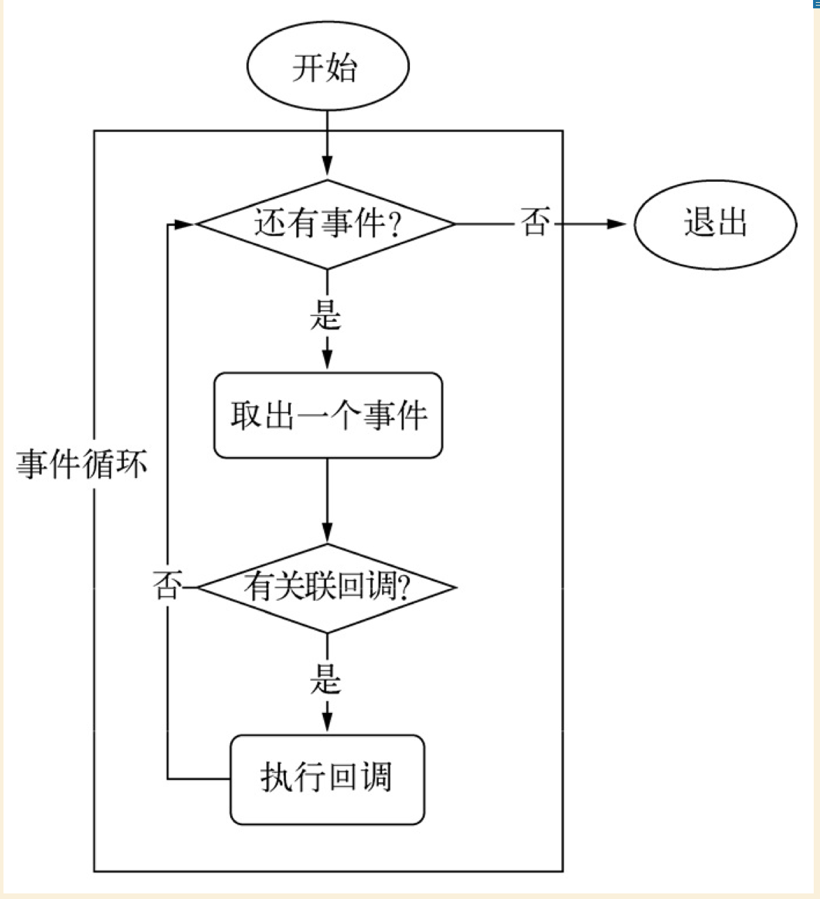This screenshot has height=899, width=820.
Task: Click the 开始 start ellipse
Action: (x=327, y=67)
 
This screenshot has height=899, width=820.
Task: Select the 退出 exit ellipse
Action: (x=715, y=224)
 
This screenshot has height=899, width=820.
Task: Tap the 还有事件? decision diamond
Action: (x=326, y=224)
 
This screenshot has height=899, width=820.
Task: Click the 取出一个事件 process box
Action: (x=328, y=415)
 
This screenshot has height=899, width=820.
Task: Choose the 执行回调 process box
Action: (x=327, y=779)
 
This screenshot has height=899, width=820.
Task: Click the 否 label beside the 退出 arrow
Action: (x=534, y=224)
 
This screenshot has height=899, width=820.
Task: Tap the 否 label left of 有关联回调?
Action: (x=166, y=586)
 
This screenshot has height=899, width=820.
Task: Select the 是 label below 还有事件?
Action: (x=326, y=316)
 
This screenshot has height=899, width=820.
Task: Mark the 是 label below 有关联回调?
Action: (x=326, y=679)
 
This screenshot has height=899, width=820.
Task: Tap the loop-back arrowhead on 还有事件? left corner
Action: (x=184, y=224)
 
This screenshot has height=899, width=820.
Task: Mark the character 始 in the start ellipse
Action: (x=342, y=68)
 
